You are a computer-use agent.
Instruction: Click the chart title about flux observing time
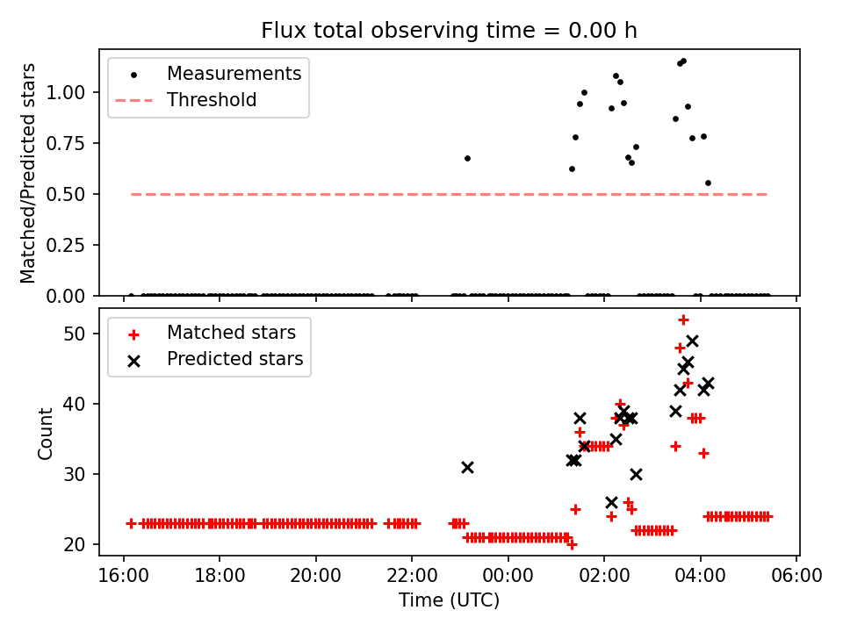coord(449,31)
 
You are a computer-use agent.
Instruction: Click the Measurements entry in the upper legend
coord(234,74)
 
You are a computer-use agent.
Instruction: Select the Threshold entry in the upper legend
coord(212,100)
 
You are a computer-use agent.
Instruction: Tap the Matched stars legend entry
coord(231,333)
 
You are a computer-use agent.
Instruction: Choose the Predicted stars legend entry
coord(234,359)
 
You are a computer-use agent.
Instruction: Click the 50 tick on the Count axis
coord(84,334)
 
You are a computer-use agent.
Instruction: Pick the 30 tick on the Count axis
coord(84,474)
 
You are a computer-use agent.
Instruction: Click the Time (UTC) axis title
coord(449,601)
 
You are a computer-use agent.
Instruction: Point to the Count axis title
coord(46,433)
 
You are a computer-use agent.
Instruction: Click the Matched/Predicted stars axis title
coord(29,173)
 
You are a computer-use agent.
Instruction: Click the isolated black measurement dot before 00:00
coord(467,158)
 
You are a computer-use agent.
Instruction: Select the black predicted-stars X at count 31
coord(467,467)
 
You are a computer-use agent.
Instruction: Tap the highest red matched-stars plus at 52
coord(683,320)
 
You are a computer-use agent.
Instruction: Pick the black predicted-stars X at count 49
coord(692,341)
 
